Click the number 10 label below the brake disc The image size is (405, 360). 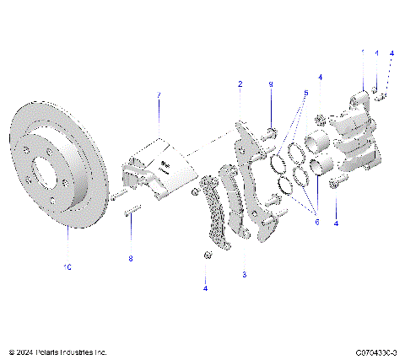click(67, 266)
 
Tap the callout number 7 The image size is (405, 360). click(157, 95)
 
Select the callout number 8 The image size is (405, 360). click(130, 259)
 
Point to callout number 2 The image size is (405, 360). click(240, 84)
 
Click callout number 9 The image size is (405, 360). click(270, 84)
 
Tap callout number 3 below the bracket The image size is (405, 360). click(244, 275)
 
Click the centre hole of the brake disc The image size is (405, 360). click(64, 179)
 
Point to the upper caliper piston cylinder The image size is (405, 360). click(318, 141)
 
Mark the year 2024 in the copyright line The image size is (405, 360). click(25, 352)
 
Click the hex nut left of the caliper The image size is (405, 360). click(321, 116)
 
